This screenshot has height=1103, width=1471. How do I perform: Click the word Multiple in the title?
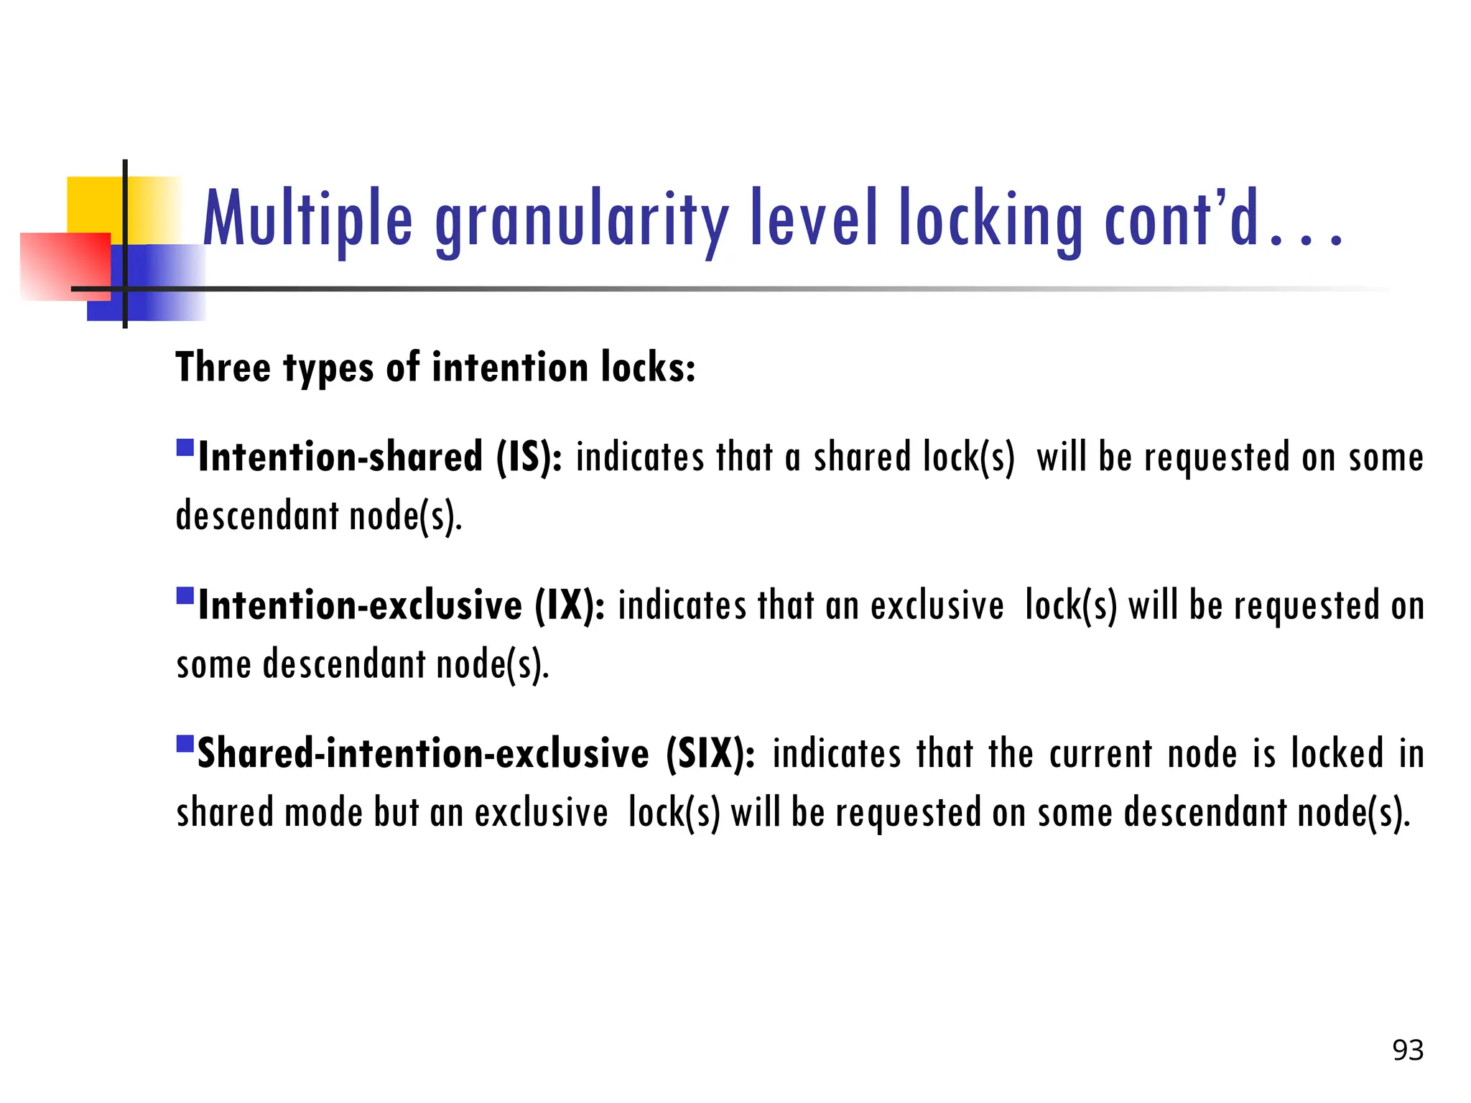[308, 218]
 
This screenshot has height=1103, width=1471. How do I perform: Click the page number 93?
[1408, 1050]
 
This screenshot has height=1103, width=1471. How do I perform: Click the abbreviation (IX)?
[570, 605]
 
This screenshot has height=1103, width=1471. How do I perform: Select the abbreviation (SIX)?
[710, 753]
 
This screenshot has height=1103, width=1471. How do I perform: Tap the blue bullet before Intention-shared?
[185, 448]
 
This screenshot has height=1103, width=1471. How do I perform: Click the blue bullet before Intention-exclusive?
[185, 596]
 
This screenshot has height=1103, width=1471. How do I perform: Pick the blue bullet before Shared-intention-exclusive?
[185, 743]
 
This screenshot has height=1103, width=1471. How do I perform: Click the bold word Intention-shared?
[340, 457]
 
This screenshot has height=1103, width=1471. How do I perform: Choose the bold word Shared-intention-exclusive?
[423, 753]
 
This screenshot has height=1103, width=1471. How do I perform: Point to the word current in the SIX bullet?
[1100, 753]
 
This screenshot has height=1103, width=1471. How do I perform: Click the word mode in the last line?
[323, 813]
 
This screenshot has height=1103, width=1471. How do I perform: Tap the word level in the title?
[814, 218]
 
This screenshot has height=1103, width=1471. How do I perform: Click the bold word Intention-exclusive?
[360, 605]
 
